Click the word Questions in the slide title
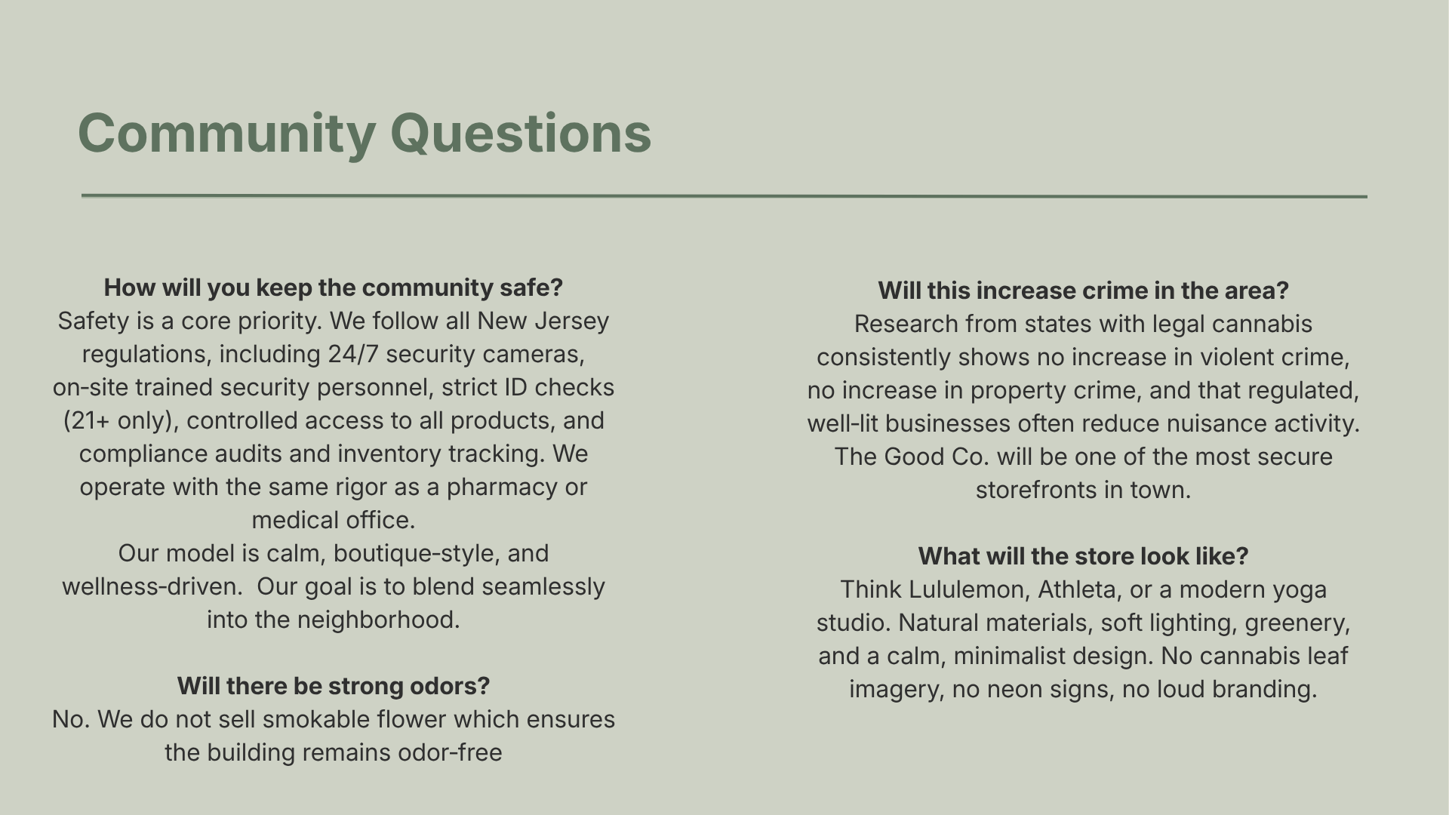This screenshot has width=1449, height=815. pyautogui.click(x=520, y=134)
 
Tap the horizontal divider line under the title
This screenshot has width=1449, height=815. pyautogui.click(x=724, y=196)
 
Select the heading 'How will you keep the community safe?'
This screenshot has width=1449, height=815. pyautogui.click(x=334, y=288)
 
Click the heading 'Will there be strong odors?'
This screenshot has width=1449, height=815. pyautogui.click(x=334, y=686)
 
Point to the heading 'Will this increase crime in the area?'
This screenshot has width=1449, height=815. pyautogui.click(x=1083, y=291)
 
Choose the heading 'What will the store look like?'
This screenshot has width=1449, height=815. pyautogui.click(x=1083, y=556)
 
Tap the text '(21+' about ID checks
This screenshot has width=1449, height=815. pyautogui.click(x=87, y=420)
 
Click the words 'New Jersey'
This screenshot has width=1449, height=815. pyautogui.click(x=543, y=321)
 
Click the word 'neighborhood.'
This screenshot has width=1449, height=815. pyautogui.click(x=378, y=620)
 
